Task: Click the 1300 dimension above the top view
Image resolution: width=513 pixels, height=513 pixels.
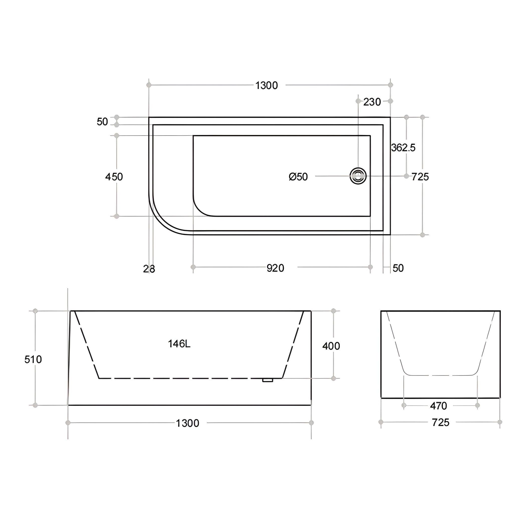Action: (266, 85)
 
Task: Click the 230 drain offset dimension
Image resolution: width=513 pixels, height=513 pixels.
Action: (372, 102)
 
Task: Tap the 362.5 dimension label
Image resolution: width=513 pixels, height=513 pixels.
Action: (403, 148)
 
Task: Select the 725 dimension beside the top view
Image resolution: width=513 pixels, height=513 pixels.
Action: (420, 177)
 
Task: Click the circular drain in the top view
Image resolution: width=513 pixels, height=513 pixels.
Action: (358, 176)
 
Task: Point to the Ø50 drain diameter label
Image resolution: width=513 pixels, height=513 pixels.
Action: (298, 177)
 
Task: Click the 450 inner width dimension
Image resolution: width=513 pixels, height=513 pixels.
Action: (114, 177)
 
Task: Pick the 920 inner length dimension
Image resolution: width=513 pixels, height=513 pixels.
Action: (275, 268)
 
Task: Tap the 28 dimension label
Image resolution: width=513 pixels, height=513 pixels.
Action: (149, 269)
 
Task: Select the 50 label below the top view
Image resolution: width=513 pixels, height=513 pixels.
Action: (398, 268)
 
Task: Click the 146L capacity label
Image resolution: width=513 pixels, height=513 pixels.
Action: (179, 344)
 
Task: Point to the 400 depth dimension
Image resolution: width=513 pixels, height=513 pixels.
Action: (331, 346)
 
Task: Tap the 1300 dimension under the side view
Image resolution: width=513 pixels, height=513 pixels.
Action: (187, 423)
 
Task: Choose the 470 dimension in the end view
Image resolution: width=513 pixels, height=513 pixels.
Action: (438, 406)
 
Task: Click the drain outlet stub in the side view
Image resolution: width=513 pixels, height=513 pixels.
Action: (268, 380)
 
